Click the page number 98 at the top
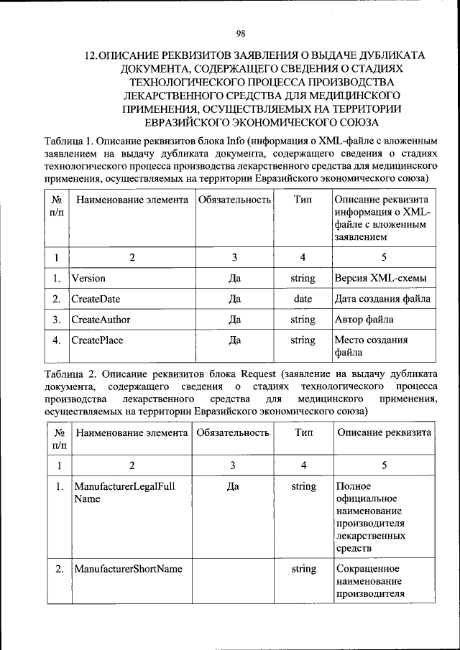click(241, 32)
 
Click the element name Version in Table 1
click(88, 278)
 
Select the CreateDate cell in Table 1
click(95, 299)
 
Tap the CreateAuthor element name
click(101, 320)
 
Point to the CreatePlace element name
click(97, 340)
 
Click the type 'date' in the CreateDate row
click(303, 299)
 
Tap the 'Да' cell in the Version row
click(234, 278)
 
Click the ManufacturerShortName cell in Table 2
click(128, 569)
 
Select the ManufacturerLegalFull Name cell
click(124, 493)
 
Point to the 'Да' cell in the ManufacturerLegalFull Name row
click(232, 487)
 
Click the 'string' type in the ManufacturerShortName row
click(303, 569)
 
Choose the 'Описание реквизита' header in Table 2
click(385, 433)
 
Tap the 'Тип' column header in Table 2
click(303, 433)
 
